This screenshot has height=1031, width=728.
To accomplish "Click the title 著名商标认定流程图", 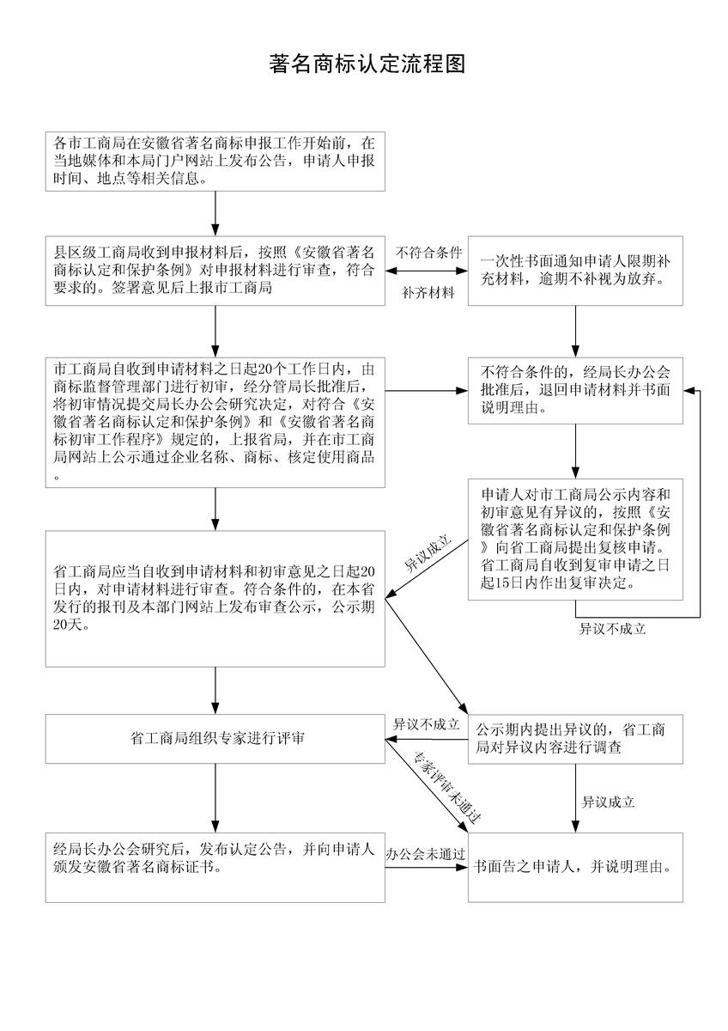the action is click(367, 64).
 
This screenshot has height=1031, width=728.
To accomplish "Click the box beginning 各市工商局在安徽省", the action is click(215, 162).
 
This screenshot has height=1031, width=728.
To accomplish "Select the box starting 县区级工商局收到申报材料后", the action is click(215, 271).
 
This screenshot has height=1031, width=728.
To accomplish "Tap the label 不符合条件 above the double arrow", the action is click(428, 253).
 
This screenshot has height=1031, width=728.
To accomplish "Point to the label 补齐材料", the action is click(428, 293).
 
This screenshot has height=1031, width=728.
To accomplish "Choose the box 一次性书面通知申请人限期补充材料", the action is click(575, 271).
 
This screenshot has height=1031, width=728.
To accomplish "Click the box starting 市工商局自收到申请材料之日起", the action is click(215, 422).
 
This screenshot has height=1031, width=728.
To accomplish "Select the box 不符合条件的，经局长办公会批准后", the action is click(575, 390).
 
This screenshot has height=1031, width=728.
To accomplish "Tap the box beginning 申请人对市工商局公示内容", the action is click(575, 540).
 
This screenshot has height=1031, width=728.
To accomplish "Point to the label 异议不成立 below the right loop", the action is click(612, 629).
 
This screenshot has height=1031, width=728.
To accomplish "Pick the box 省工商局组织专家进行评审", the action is click(215, 739).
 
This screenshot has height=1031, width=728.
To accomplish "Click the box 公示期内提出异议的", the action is click(575, 739).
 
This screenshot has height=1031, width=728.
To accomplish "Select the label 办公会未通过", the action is click(426, 855).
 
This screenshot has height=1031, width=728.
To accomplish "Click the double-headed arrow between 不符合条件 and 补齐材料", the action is click(427, 271).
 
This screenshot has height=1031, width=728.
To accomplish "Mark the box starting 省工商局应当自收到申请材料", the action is click(215, 599).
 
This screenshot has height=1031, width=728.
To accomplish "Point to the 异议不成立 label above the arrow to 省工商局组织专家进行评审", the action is click(426, 724).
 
